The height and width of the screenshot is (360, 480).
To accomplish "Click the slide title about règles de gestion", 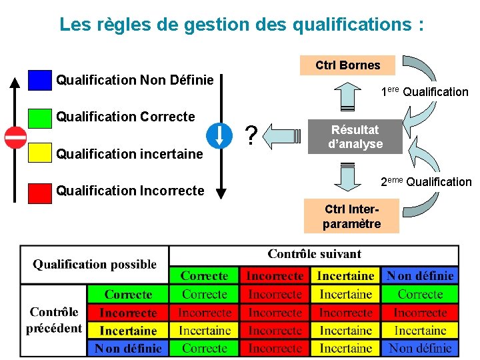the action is [x=241, y=25].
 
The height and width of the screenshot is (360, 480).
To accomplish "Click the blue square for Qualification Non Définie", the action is [x=40, y=80].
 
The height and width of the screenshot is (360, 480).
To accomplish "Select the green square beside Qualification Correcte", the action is [x=40, y=117].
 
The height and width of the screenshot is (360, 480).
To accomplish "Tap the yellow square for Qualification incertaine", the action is [x=40, y=153].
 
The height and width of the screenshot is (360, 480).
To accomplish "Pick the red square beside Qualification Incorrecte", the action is [x=40, y=191].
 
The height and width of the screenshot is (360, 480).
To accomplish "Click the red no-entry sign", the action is [x=15, y=137].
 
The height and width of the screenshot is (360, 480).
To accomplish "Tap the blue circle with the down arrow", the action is [x=219, y=135].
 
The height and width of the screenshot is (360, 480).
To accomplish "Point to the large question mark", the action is [x=251, y=136].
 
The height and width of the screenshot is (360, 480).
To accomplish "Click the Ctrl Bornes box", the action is [x=347, y=65].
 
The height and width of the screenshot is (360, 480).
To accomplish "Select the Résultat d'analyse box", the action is [x=355, y=137].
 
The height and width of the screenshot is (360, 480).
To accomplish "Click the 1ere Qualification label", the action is [x=425, y=91].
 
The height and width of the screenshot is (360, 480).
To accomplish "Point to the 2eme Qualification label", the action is [x=426, y=181].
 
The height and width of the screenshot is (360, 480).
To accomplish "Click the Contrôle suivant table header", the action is [x=314, y=254].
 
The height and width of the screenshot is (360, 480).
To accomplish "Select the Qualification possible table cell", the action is [x=95, y=265].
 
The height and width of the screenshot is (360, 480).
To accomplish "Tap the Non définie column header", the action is [x=420, y=275].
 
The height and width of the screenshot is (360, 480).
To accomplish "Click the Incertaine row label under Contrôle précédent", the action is [x=128, y=330].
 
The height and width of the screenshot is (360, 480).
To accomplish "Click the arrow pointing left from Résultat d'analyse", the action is [x=287, y=136].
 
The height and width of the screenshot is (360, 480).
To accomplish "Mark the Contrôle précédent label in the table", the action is [x=54, y=320].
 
